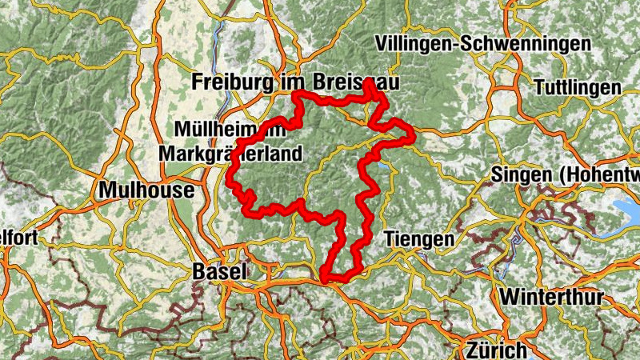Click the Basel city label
218,272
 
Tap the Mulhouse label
146,190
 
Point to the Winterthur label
552,296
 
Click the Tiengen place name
419,238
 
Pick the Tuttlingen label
578,87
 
